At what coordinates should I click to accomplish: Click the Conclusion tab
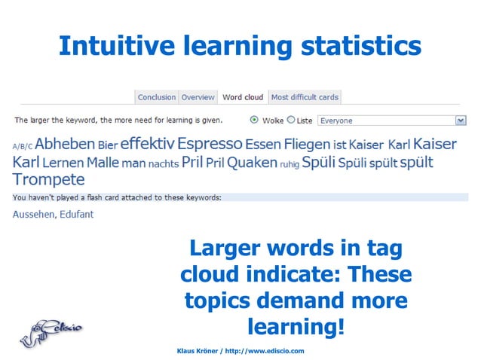[x=157, y=97]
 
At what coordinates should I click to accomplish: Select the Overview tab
[x=198, y=97]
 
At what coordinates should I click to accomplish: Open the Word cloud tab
[x=243, y=97]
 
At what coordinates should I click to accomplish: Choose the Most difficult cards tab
[x=305, y=97]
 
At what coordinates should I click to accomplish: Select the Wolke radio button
[x=254, y=120]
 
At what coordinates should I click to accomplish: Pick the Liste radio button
[x=291, y=120]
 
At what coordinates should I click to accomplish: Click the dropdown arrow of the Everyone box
[x=461, y=121]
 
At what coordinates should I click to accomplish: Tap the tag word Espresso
[x=210, y=143]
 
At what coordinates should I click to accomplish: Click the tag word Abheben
[x=65, y=143]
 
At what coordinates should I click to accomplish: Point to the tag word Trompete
[x=48, y=179]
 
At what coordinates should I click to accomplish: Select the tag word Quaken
[x=252, y=162]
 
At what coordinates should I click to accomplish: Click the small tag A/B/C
[x=23, y=146]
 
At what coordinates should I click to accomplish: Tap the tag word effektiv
[x=147, y=142]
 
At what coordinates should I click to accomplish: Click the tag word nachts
[x=164, y=163]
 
